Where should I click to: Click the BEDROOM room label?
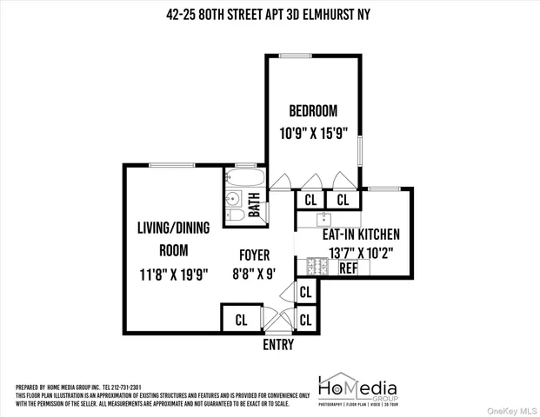click(313, 111)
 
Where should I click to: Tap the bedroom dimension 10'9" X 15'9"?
click(313, 134)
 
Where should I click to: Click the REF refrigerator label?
click(348, 268)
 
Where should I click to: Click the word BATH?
click(255, 208)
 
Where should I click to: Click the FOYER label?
click(255, 255)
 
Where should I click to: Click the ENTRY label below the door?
click(278, 345)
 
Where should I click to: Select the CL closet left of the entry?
click(241, 320)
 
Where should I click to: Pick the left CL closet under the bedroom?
click(310, 200)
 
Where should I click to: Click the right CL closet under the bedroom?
click(343, 200)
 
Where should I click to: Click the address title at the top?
click(270, 12)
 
